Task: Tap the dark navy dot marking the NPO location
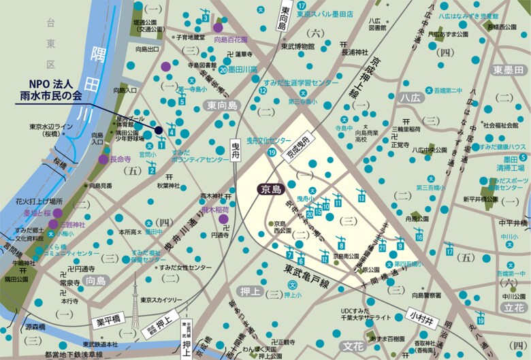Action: click(x=158, y=130)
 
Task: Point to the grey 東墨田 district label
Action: click(x=509, y=70)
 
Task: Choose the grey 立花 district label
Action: click(x=513, y=308)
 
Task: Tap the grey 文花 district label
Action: click(x=353, y=345)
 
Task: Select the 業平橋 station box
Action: click(x=108, y=320)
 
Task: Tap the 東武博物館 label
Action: click(x=297, y=47)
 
